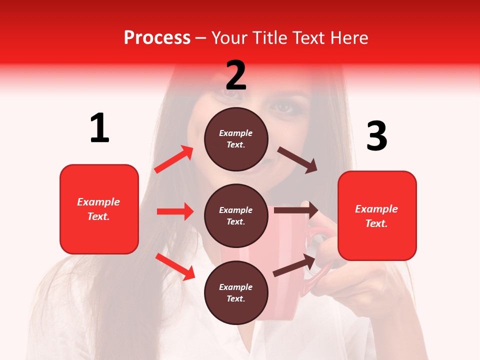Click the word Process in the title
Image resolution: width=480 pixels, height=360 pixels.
coord(157,38)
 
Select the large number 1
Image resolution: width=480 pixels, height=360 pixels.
coord(99,128)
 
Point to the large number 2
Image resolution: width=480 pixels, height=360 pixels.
coord(236,75)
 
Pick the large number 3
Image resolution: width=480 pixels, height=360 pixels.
coord(376,136)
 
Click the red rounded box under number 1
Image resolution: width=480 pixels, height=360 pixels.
coord(99,209)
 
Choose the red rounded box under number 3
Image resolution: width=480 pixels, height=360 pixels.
coord(377,216)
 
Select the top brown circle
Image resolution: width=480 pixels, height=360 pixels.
coord(236,139)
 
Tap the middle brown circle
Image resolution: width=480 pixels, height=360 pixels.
coord(236,215)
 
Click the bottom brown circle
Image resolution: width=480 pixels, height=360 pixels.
coord(236,292)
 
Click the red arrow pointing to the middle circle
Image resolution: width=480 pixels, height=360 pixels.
coord(175,211)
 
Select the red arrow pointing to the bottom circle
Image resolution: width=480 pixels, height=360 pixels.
coord(175,266)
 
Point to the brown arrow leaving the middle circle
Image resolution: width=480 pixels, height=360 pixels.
coord(296,210)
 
